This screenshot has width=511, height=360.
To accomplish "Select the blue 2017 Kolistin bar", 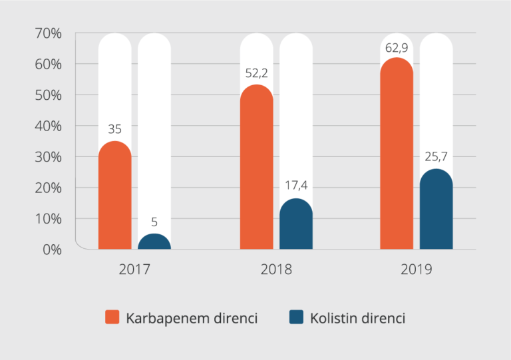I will (154, 242).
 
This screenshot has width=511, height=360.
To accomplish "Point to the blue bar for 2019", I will (436, 210).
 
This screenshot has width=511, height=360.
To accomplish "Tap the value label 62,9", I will (397, 47).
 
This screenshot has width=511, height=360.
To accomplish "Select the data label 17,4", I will (296, 186).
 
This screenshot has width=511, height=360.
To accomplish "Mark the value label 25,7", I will (436, 157).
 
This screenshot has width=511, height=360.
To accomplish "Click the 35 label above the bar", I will (115, 129).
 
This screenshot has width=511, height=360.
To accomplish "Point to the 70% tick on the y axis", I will (49, 33).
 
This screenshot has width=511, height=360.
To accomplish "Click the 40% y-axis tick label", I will (49, 126).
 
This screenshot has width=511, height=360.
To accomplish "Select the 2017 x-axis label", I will (134, 270).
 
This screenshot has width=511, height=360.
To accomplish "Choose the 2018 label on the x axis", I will (275, 270).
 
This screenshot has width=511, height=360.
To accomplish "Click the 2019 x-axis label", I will (417, 270).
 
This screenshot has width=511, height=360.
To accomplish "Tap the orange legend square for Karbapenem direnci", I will (112, 317).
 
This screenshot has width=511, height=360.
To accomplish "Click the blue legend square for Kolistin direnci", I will (296, 317).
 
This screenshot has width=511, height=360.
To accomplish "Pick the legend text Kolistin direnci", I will (357, 318).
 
